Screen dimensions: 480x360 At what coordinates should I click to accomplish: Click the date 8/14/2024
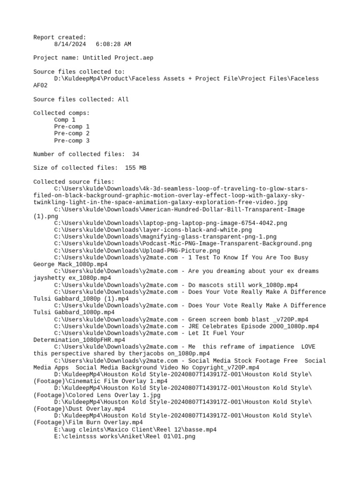click(69, 44)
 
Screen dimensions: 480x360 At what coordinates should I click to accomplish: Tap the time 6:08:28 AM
click(113, 44)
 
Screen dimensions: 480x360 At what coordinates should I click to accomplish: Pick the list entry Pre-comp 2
click(72, 134)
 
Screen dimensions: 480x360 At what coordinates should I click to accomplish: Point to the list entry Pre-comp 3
click(72, 141)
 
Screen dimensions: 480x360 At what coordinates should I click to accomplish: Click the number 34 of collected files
click(135, 154)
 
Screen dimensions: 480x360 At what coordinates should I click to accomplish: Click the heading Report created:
click(60, 37)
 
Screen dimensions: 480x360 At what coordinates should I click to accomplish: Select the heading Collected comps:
click(61, 113)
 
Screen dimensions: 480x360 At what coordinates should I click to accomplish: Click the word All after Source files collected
click(123, 99)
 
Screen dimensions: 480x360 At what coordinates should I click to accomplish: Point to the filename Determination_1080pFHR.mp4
click(79, 340)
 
